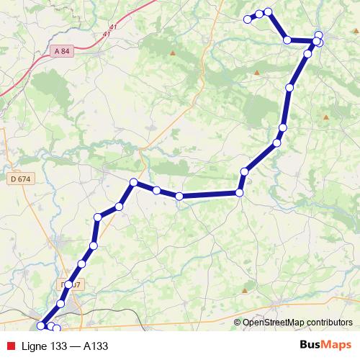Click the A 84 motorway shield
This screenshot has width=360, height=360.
pos(62,50)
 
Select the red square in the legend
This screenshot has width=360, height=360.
pos(9,346)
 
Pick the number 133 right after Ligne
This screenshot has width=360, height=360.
pos(61,346)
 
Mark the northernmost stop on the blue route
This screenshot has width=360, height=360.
pos(268,12)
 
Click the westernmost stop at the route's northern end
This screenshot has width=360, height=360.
pos(247,19)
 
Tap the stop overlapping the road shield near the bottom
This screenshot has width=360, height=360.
pos(69,284)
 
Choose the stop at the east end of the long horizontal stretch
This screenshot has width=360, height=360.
pos(240,192)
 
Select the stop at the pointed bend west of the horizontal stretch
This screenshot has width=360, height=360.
pos(133,182)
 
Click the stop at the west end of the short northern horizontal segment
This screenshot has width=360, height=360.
pos(287,40)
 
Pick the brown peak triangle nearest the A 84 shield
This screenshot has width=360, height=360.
pos(172,53)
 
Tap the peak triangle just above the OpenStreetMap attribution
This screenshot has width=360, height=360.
pos(245,290)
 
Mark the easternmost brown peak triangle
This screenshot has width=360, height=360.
pos(325,117)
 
